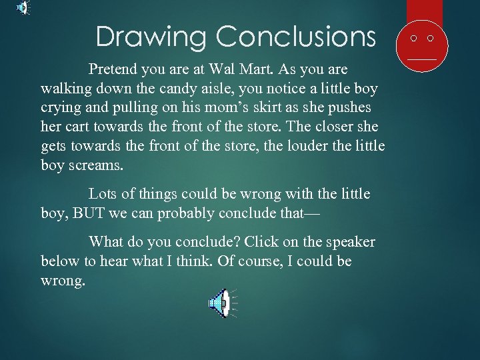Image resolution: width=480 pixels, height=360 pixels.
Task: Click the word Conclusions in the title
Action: click(x=296, y=36)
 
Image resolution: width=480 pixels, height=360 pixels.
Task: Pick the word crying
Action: click(x=61, y=108)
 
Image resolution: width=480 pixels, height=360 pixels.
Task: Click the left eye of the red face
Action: click(x=414, y=39)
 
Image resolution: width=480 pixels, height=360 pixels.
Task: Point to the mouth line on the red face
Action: click(x=421, y=59)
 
